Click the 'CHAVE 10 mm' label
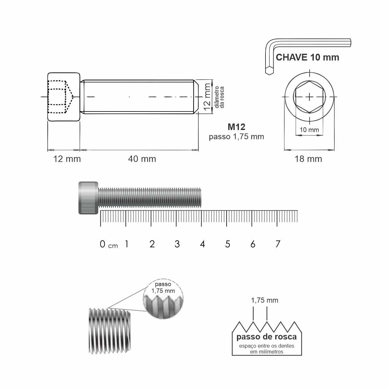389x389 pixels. pos(307,57)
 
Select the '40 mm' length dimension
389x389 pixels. pos(142,159)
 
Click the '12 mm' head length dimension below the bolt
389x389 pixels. pos(67,159)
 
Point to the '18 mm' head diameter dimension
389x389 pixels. pos(308,159)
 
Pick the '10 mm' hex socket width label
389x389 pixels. pos(309,130)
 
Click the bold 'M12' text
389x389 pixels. pos(236,127)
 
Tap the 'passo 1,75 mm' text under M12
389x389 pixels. pos(236,137)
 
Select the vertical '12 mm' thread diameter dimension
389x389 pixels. pos(207,97)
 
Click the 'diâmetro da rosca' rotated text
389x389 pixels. pos(219,97)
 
